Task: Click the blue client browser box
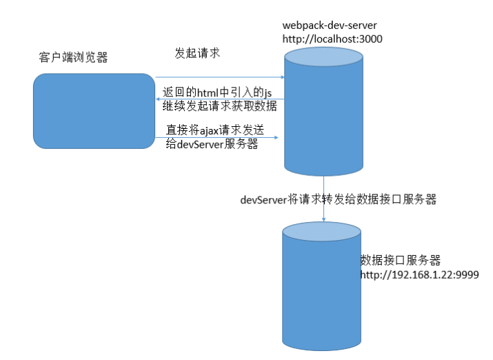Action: (94, 111)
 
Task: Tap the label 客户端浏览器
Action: (73, 57)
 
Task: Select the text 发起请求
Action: (197, 53)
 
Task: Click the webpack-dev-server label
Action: (330, 25)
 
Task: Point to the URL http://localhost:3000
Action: (332, 39)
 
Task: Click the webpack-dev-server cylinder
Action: (323, 112)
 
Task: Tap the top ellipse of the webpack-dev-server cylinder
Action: (323, 57)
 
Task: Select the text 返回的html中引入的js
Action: (217, 92)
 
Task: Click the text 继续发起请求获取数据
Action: (219, 106)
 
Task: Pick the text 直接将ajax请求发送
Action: (215, 130)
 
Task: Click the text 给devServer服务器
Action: (212, 144)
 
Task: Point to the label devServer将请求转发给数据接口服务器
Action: (339, 199)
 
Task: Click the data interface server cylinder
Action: (321, 286)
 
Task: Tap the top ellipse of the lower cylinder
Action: (321, 232)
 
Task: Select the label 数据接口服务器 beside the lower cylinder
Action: (400, 260)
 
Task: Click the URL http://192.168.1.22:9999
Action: (419, 274)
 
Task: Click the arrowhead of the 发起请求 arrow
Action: (283, 77)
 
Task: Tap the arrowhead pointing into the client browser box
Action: (157, 99)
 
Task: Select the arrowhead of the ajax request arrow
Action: (276, 137)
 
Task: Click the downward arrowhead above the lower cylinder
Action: (323, 219)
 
